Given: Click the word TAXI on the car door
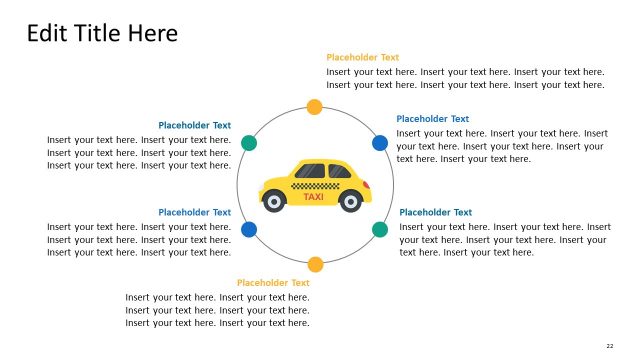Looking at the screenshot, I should click(314, 197).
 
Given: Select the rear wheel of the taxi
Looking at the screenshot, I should click(350, 202).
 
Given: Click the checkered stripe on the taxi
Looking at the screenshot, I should click(314, 186).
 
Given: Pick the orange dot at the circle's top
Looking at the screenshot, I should click(314, 107).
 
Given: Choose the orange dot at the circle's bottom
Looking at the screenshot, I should click(315, 264).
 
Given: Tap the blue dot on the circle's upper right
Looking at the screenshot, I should click(380, 143).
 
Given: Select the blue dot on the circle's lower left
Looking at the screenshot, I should click(249, 229).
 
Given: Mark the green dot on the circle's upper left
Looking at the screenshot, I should click(249, 143).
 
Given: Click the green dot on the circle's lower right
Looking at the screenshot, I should click(380, 229).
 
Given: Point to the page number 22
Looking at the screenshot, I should click(609, 345).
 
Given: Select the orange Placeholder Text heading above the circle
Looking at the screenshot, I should click(362, 58).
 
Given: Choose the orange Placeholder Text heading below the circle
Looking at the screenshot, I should click(273, 283).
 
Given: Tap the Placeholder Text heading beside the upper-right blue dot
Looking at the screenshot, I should click(432, 119).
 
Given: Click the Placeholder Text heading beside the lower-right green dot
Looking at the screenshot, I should click(435, 212).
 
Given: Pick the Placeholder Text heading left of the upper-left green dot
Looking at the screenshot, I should click(194, 126).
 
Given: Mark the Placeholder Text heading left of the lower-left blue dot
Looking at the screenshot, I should click(194, 212).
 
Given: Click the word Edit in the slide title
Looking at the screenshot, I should click(45, 33).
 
